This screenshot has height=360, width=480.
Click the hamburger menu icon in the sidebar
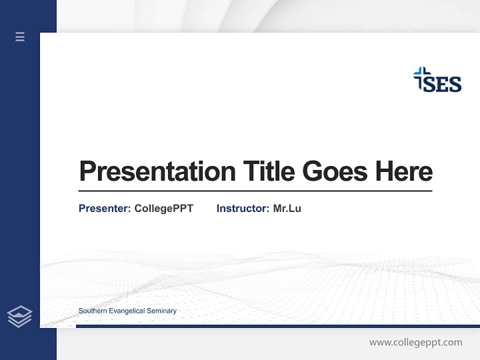pyautogui.click(x=20, y=36)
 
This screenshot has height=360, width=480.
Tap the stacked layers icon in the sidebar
pyautogui.click(x=19, y=316)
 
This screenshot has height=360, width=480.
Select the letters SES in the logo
pyautogui.click(x=443, y=84)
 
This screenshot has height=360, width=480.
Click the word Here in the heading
pyautogui.click(x=404, y=171)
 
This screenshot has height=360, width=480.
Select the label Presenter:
pyautogui.click(x=104, y=208)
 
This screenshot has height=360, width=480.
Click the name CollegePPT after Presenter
pyautogui.click(x=163, y=208)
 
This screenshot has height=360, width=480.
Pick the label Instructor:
pyautogui.click(x=242, y=208)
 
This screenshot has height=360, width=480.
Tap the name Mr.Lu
pyautogui.click(x=287, y=208)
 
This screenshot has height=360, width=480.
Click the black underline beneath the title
pyautogui.click(x=255, y=191)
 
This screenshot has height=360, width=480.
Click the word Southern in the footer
pyautogui.click(x=92, y=311)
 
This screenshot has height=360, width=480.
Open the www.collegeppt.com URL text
pyautogui.click(x=415, y=342)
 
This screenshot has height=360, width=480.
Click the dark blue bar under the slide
pyautogui.click(x=277, y=326)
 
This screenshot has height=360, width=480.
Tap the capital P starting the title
pyautogui.click(x=87, y=171)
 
